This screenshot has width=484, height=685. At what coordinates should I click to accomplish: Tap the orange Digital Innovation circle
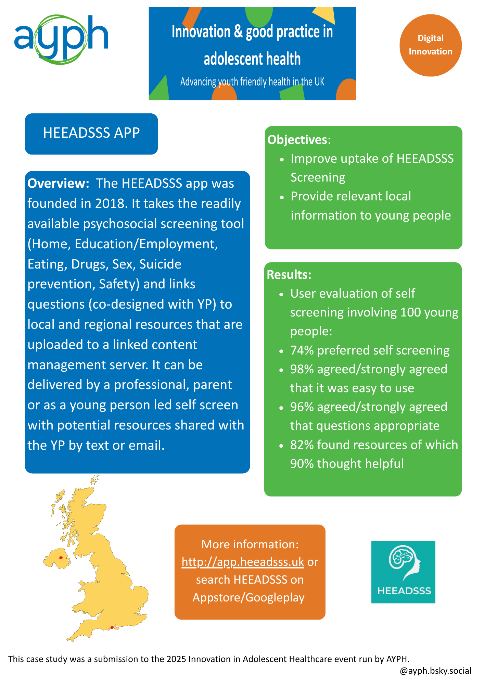coord(430,45)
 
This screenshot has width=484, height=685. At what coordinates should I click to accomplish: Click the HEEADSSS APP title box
coord(91,134)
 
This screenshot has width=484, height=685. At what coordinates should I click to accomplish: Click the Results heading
coord(289,275)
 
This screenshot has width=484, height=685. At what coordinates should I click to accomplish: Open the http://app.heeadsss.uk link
coord(243,562)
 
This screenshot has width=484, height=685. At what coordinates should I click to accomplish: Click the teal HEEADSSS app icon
coord(403,572)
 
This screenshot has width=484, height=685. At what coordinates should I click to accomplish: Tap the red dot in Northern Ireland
coord(61,558)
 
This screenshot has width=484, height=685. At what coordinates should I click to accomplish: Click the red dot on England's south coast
coord(112,627)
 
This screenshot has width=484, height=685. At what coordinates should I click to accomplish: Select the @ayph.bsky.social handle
coord(435,671)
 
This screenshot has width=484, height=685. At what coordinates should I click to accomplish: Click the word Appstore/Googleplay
coord(249,597)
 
